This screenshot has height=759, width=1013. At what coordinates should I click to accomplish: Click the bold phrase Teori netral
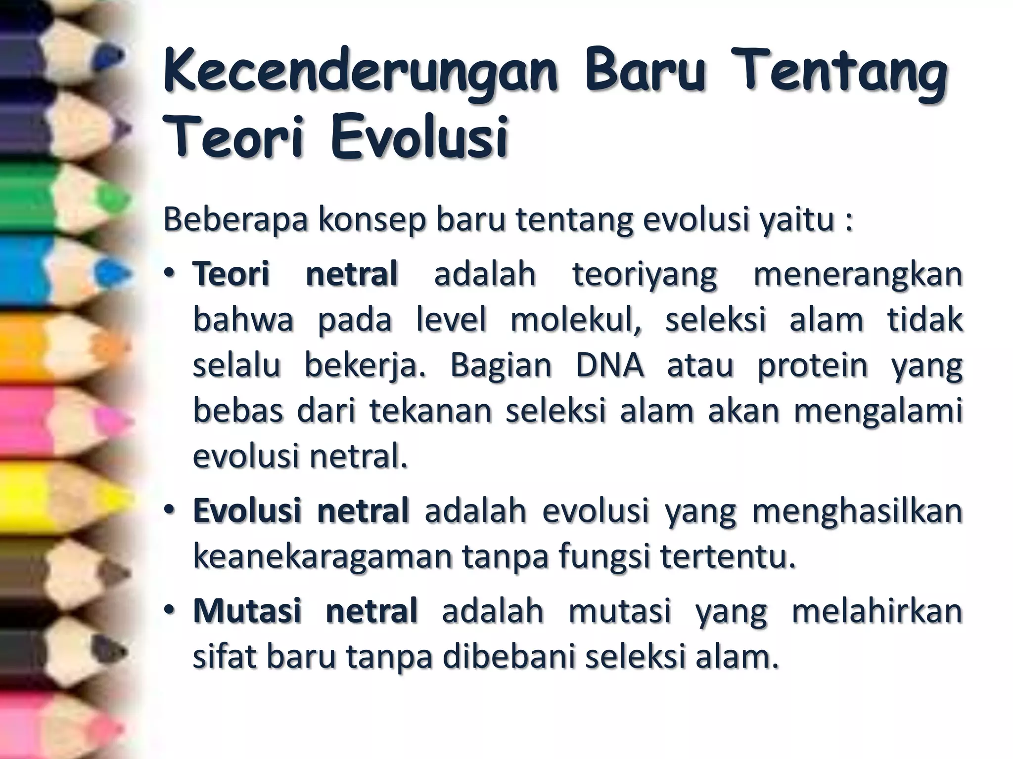(x=295, y=274)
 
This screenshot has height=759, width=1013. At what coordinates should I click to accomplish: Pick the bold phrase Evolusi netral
(x=301, y=511)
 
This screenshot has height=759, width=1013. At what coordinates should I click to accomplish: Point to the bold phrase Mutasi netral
(x=305, y=611)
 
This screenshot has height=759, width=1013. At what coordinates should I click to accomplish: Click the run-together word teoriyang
(x=645, y=274)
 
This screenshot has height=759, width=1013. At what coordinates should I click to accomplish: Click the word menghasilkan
(x=857, y=511)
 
